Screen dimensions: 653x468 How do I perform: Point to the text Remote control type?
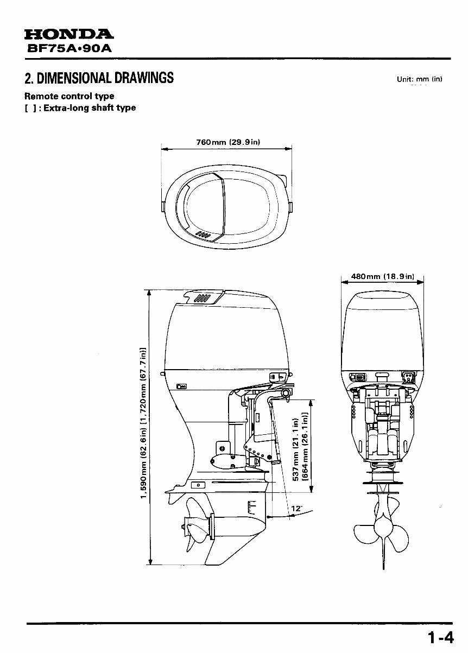coord(69,97)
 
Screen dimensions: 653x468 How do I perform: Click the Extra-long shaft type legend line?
coord(80,107)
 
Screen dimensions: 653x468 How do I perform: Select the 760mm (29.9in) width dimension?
coord(228,142)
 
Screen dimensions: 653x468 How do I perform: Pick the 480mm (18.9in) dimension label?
coord(383,276)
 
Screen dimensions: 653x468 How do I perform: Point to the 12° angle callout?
coord(296,509)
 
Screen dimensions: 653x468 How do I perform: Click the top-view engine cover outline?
coord(228,206)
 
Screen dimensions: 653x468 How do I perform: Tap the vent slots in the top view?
coord(204,234)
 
